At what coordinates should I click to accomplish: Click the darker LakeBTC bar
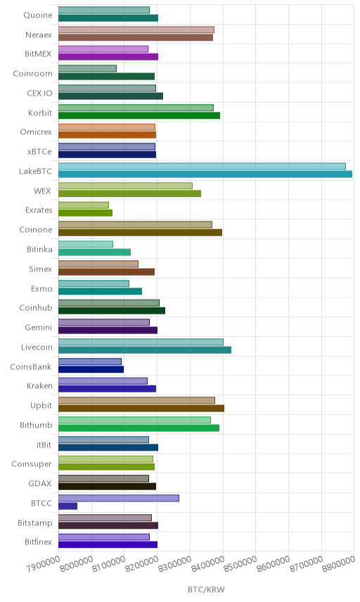point(205,174)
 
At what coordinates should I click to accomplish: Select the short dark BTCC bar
point(68,506)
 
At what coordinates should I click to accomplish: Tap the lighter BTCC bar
point(119,498)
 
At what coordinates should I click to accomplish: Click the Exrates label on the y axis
point(39,210)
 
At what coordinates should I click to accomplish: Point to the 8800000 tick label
point(338,563)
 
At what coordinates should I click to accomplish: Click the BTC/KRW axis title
point(206,589)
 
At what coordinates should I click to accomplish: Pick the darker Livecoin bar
point(145,350)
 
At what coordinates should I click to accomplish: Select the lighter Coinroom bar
point(87,68)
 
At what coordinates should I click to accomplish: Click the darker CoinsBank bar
point(91,369)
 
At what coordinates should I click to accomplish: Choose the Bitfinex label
point(38,542)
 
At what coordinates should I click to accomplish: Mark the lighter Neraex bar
point(136,30)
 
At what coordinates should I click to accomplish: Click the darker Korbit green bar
point(139,115)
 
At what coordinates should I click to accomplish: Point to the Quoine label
point(38,15)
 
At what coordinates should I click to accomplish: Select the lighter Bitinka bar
point(86,244)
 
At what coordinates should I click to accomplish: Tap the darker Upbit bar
point(141,409)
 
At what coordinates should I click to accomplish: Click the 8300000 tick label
point(174,563)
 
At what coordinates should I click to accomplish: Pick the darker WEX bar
point(129,193)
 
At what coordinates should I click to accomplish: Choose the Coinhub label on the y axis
point(36,307)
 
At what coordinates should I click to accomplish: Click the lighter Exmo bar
point(94,283)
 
